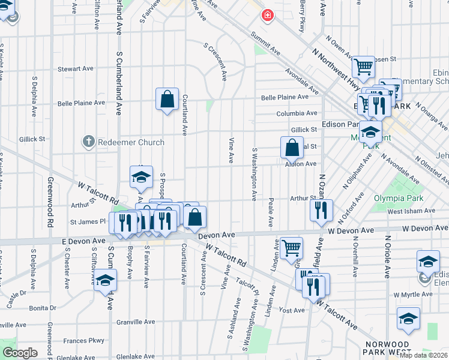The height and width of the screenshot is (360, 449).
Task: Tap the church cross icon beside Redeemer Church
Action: click(88, 142)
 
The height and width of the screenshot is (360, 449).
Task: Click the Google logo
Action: click(20, 353)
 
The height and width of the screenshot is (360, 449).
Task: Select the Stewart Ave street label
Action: click(75, 69)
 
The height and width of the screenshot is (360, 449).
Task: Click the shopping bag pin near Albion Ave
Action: click(291, 147)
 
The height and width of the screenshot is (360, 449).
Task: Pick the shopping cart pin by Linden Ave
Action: click(291, 247)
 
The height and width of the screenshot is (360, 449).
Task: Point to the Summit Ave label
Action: click(266, 41)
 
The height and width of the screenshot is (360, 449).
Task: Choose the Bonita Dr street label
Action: click(42, 308)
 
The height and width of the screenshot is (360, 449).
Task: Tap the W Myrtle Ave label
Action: click(413, 295)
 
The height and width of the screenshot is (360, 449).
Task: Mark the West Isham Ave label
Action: click(411, 211)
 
